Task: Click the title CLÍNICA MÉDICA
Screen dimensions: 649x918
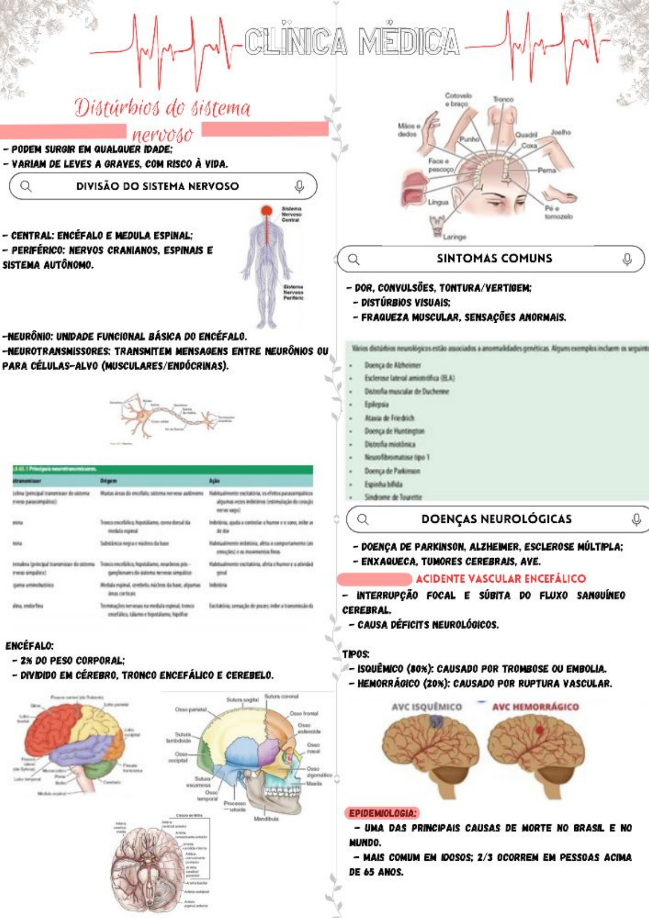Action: tap(352, 41)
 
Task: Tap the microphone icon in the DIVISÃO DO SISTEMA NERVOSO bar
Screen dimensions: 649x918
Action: tap(299, 186)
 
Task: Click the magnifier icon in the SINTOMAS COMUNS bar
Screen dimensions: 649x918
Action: tap(354, 259)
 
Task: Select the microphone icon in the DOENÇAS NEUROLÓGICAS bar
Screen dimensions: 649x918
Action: tap(635, 519)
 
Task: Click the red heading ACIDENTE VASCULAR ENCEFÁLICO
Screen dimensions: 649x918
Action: tap(500, 578)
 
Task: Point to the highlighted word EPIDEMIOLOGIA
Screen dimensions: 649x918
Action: tap(382, 813)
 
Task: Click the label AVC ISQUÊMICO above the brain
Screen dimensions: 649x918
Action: tap(426, 706)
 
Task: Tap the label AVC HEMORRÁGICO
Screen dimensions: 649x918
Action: tap(535, 706)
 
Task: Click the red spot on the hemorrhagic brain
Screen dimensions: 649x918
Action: tap(539, 730)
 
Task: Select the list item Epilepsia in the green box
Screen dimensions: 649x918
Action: tap(376, 404)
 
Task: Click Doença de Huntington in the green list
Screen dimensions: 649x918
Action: tap(394, 431)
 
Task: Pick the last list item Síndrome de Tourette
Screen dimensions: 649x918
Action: tap(393, 497)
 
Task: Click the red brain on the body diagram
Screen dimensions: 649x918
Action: tap(266, 211)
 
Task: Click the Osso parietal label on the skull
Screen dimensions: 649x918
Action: tap(190, 709)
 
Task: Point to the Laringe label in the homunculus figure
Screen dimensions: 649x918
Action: tap(454, 237)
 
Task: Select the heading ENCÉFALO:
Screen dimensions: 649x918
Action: tap(29, 646)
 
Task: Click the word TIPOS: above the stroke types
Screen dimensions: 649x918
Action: tap(356, 654)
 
